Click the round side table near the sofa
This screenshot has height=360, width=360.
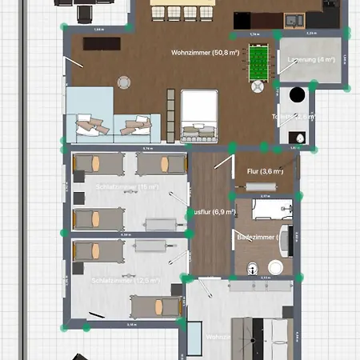tap(125, 81)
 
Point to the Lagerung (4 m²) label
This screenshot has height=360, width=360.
tap(295, 59)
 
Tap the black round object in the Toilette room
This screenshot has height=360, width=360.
tap(297, 94)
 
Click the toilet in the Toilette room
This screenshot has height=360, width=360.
tap(299, 137)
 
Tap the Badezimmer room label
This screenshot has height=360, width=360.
tap(256, 237)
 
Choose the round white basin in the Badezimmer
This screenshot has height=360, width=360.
tap(277, 266)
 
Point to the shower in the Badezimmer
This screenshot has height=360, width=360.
tap(263, 210)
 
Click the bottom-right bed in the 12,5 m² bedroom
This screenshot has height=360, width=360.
tap(156, 305)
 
